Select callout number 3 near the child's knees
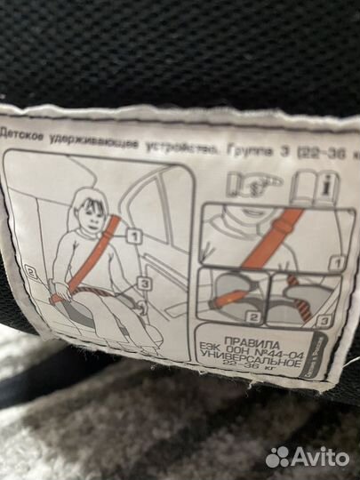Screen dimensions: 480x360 coord(146,284)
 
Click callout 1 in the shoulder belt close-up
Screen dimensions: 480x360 coord(332,263)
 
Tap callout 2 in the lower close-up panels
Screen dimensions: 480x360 coord(252,316)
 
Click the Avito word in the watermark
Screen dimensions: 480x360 coord(321,458)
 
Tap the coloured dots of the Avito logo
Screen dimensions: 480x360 coord(278,458)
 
